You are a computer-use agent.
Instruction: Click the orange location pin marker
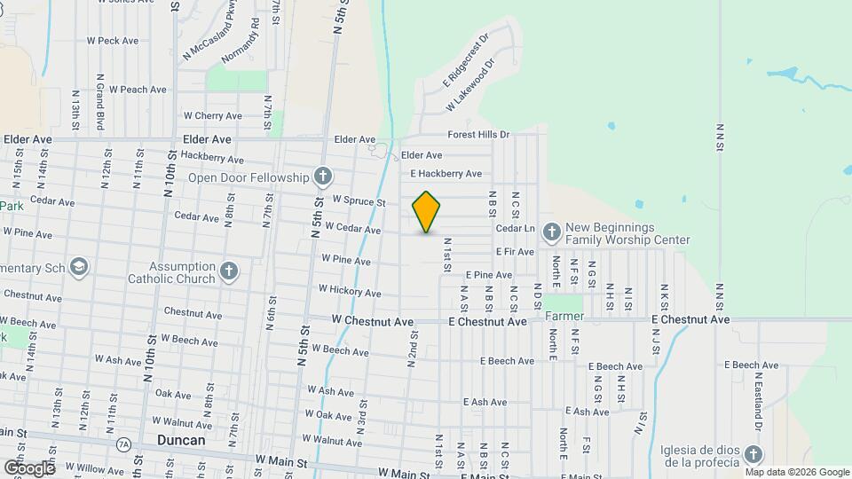426,212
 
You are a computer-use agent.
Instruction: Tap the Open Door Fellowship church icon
322,177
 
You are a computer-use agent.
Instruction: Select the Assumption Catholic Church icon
229,271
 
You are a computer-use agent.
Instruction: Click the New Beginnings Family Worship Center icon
551,233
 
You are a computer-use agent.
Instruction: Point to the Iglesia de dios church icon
753,455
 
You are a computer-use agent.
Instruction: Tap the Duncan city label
180,440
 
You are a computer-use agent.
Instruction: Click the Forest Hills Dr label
478,135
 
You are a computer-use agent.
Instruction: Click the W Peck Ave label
113,41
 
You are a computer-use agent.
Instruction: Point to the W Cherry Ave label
212,115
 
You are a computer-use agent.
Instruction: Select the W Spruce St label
359,201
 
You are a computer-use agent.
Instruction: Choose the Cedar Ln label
516,228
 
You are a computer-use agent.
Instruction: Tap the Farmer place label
564,316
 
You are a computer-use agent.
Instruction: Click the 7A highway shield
122,443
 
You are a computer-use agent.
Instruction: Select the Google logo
30,467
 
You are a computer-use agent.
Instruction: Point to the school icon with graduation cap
79,268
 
